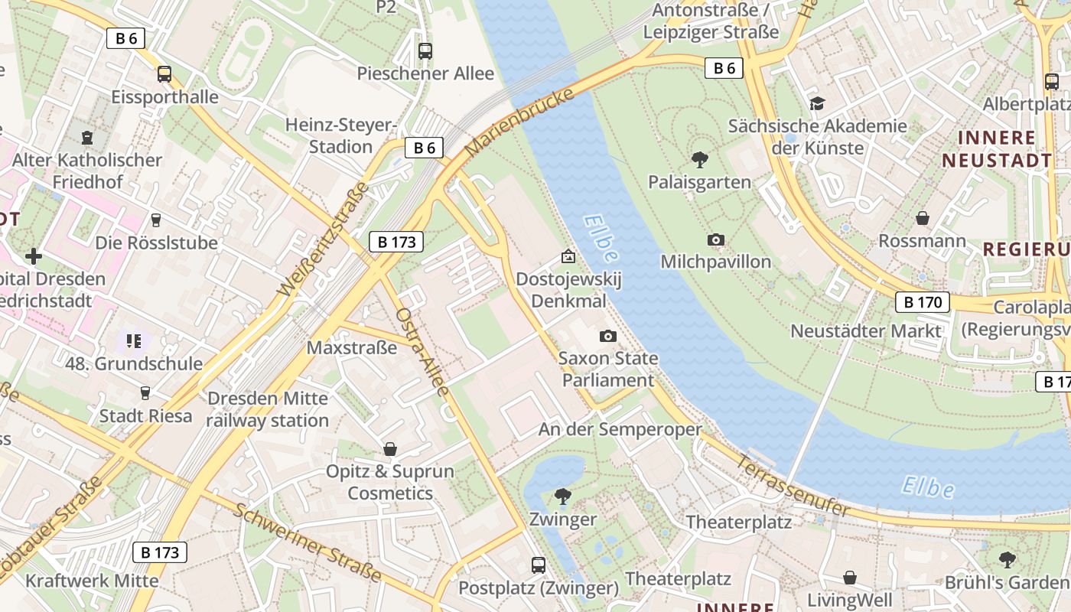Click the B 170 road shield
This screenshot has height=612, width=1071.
tap(923, 302)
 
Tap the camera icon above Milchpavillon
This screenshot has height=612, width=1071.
tap(716, 240)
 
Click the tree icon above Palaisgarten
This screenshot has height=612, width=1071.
tap(699, 160)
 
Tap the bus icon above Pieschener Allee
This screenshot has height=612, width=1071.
tap(425, 51)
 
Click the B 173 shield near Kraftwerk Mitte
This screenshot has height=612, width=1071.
tap(160, 552)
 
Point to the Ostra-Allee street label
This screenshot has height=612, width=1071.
tap(422, 352)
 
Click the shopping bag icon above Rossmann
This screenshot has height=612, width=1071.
tap(923, 219)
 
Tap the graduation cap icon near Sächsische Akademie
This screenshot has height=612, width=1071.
tap(817, 103)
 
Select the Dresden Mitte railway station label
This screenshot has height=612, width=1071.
tap(268, 409)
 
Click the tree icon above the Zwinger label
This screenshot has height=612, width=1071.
tap(563, 496)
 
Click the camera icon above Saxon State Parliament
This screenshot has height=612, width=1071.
tap(607, 337)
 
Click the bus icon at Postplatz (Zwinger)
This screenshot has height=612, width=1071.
tap(539, 565)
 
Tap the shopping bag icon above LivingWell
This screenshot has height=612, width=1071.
tap(849, 578)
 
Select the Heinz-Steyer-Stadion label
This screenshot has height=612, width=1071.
tap(340, 135)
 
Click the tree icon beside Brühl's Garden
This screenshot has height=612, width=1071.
tap(1008, 560)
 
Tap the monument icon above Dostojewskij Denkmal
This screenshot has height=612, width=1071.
tap(568, 257)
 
